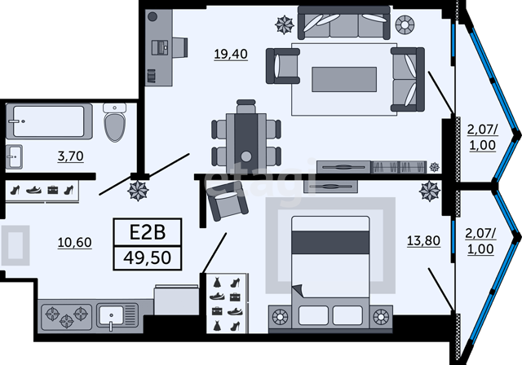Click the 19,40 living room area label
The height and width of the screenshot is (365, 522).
click(x=231, y=54)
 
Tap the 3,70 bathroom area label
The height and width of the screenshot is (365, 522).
click(x=71, y=156)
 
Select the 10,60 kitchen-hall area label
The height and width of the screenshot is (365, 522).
click(x=74, y=242)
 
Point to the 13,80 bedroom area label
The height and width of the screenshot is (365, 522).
click(x=423, y=240)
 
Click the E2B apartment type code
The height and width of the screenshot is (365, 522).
click(x=148, y=232)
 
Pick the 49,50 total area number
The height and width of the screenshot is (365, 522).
click(x=148, y=257)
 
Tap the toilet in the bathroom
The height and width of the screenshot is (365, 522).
click(x=115, y=122)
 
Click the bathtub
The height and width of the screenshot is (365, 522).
click(x=49, y=121)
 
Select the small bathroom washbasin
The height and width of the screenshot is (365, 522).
click(x=15, y=156)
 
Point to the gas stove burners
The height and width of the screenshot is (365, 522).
click(x=67, y=317)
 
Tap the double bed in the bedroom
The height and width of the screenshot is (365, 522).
click(x=330, y=273)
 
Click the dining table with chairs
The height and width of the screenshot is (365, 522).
click(x=246, y=136)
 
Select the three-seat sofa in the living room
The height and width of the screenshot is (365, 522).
click(x=344, y=23)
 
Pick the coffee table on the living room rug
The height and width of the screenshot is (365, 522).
click(x=344, y=79)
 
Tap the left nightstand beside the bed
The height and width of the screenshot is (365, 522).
click(x=280, y=317)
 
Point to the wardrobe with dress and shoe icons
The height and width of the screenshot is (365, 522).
click(x=227, y=304)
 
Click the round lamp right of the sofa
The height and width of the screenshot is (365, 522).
click(x=405, y=24)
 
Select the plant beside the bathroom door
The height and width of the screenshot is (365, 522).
click(x=138, y=191)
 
